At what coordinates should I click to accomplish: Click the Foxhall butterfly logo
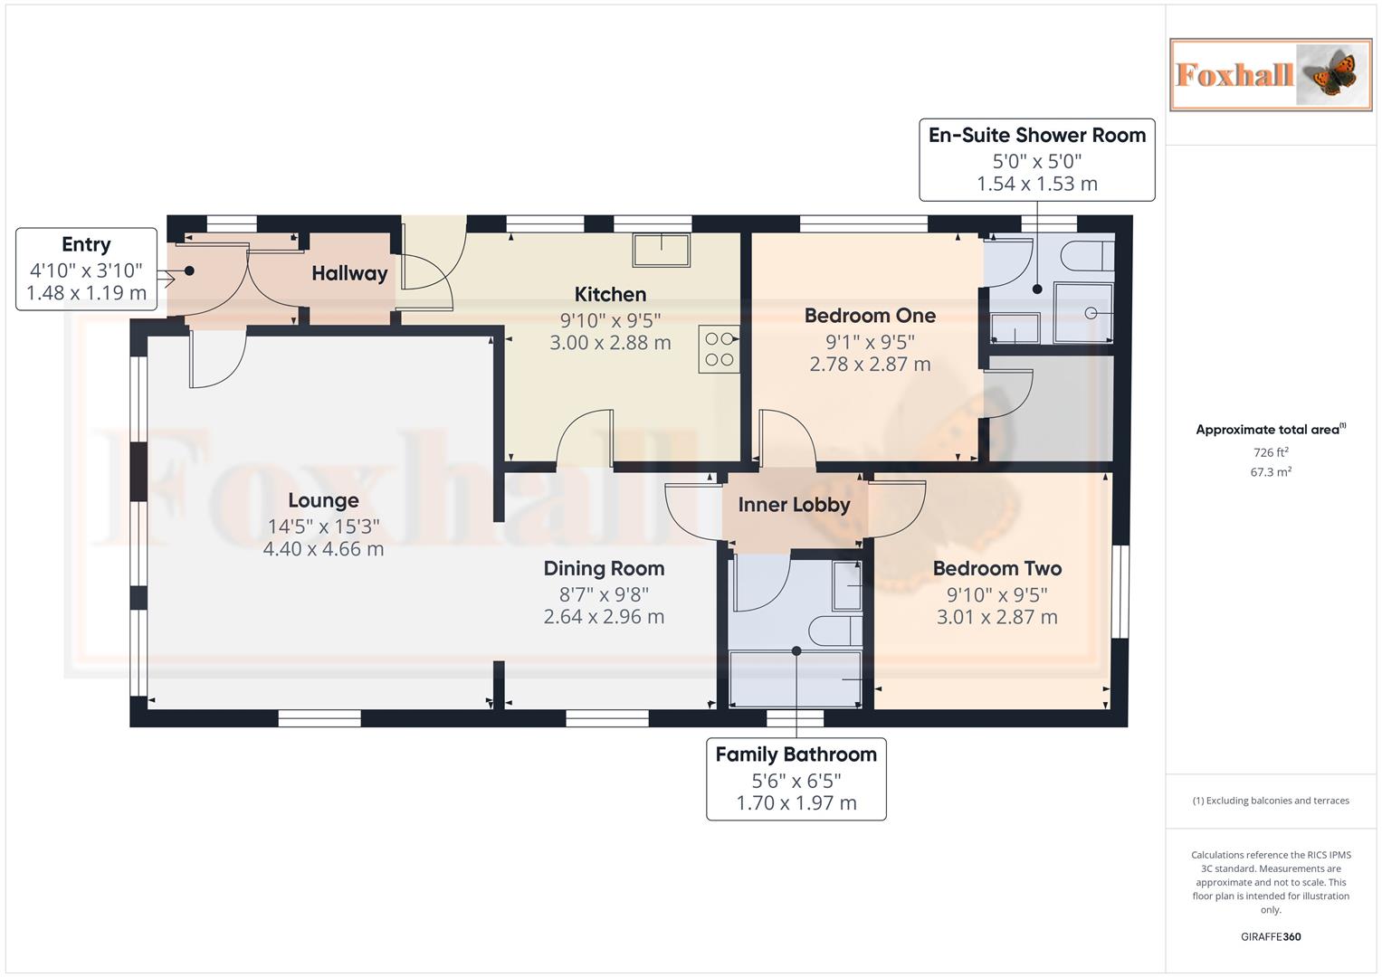click(x=1270, y=74)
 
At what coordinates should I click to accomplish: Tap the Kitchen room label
click(x=610, y=294)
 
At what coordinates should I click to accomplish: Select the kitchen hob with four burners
click(x=719, y=349)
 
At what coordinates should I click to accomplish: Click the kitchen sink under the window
click(x=661, y=250)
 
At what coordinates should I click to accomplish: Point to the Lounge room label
click(x=323, y=500)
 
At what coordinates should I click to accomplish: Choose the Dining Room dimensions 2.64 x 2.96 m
click(x=604, y=617)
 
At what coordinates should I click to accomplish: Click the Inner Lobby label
click(x=794, y=505)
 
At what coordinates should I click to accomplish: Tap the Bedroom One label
click(x=870, y=316)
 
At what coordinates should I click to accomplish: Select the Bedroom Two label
click(x=996, y=568)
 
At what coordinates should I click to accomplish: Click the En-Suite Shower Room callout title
click(x=1036, y=136)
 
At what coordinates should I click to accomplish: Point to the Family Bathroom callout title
click(x=796, y=754)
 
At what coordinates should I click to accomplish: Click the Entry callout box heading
click(x=86, y=244)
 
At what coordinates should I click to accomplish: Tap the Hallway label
click(x=349, y=273)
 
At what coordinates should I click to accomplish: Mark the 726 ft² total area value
click(x=1270, y=452)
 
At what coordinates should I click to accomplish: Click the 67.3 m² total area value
click(x=1270, y=472)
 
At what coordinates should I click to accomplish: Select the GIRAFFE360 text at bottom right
click(x=1270, y=936)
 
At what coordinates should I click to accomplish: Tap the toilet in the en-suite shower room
click(x=1086, y=256)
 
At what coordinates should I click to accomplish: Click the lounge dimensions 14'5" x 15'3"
click(x=323, y=526)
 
